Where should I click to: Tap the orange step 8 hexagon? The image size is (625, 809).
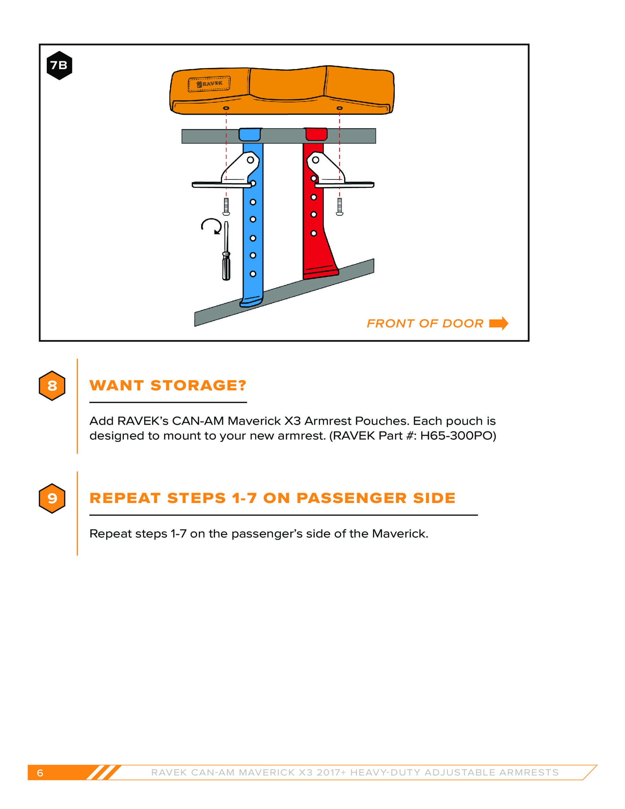[x=52, y=386]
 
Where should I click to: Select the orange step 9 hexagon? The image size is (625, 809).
[x=52, y=498]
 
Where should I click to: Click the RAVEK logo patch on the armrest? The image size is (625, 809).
[x=209, y=84]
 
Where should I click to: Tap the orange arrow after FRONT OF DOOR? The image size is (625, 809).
[x=499, y=323]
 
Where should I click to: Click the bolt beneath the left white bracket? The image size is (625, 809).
[x=226, y=206]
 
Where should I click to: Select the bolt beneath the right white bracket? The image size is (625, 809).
[x=339, y=206]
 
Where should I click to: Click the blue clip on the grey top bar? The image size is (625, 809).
[x=250, y=134]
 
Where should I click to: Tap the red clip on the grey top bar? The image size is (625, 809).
[x=316, y=134]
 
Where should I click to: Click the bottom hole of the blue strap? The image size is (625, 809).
[x=253, y=274]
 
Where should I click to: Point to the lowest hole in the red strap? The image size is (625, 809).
[x=314, y=233]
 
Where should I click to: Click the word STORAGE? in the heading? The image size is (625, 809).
[x=198, y=386]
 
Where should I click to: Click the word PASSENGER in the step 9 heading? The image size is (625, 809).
[x=352, y=498]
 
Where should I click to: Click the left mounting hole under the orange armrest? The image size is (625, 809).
[x=226, y=108]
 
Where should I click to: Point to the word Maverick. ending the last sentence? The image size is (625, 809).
[x=400, y=534]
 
